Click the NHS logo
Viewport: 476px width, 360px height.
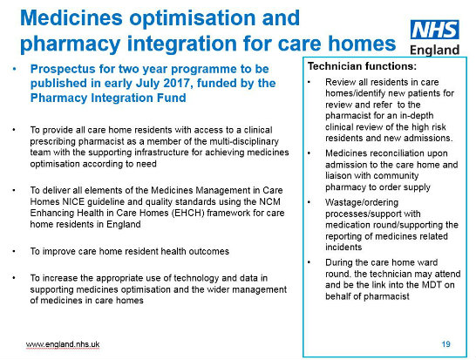click(434, 30)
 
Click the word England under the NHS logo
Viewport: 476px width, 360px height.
click(434, 50)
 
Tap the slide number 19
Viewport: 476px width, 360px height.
click(446, 344)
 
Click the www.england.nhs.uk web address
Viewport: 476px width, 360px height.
click(63, 344)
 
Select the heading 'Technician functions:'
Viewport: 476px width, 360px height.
click(362, 66)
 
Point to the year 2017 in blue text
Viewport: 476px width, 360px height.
click(177, 83)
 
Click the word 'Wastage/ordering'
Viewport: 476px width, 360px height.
click(362, 202)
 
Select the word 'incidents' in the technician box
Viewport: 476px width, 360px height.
click(343, 247)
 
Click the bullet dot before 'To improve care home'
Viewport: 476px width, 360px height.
click(14, 252)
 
